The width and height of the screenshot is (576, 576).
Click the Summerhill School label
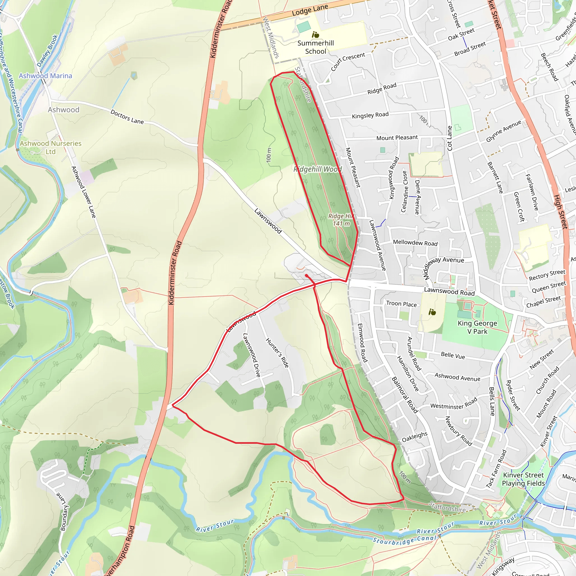[x=316, y=47]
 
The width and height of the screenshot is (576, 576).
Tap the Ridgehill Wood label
[x=318, y=169]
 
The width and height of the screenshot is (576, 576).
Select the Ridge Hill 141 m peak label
[x=341, y=220]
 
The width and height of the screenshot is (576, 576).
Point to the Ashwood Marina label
[x=45, y=76]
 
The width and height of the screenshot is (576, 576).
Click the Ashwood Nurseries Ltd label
[x=50, y=148]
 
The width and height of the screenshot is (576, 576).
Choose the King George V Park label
[x=477, y=327]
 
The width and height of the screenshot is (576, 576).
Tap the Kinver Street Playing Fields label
[x=523, y=479]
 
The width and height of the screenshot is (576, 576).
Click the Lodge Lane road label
[x=310, y=10]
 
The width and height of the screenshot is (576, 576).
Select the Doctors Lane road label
[x=127, y=117]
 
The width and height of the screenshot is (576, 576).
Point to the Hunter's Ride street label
[x=277, y=353]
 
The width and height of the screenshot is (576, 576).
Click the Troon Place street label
[x=401, y=304]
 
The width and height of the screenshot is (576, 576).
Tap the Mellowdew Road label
[x=415, y=243]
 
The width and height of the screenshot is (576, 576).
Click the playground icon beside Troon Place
[x=432, y=312]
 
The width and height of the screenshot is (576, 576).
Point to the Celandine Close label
[x=404, y=192]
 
